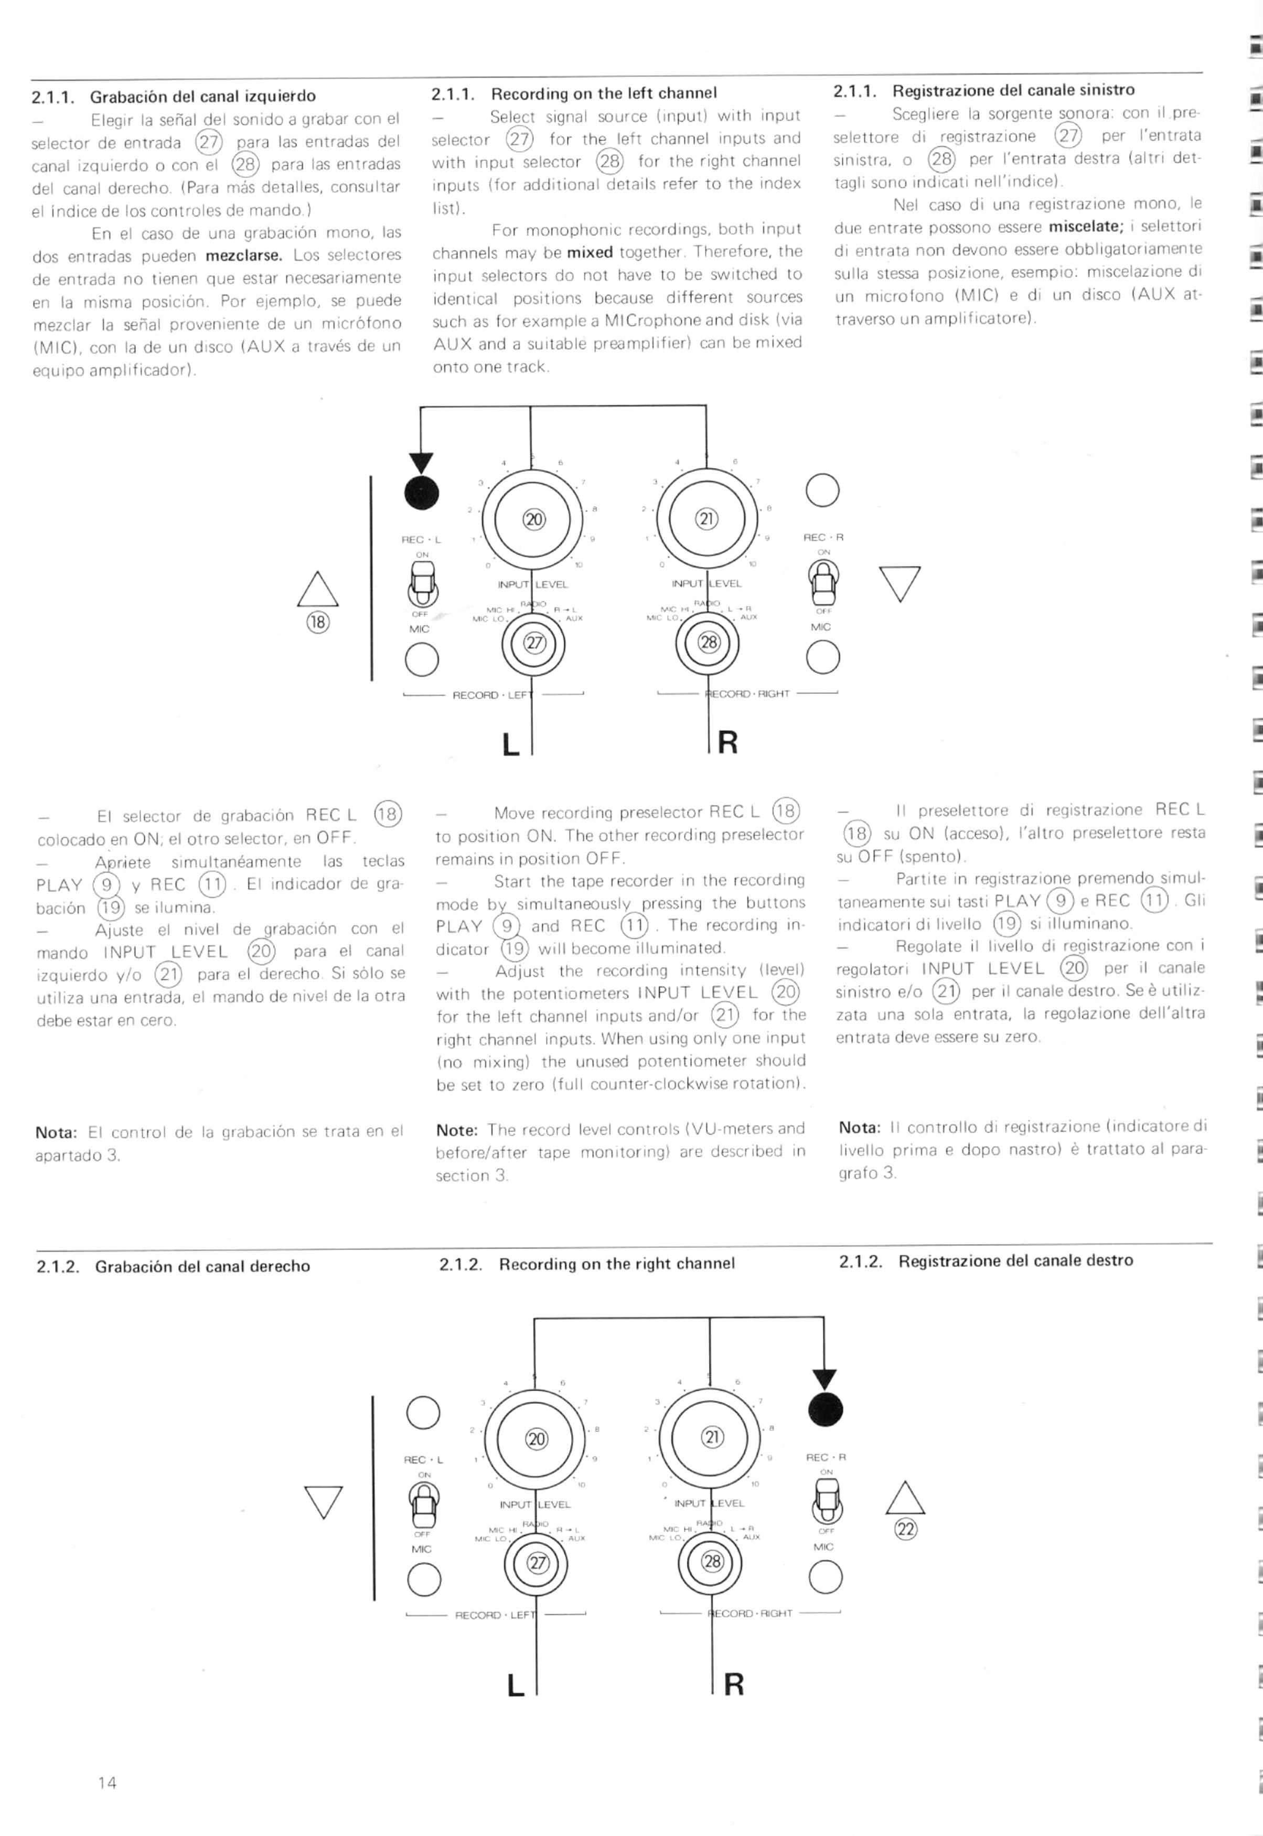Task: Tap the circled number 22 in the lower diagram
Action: pos(905,1529)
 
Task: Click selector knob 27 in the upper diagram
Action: pos(534,643)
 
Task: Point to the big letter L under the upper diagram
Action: pos(511,744)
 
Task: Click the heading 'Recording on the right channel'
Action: pos(616,1263)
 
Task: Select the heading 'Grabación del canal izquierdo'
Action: pos(202,97)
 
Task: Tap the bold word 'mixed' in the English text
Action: pos(590,252)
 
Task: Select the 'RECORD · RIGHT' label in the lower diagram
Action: pos(750,1613)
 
